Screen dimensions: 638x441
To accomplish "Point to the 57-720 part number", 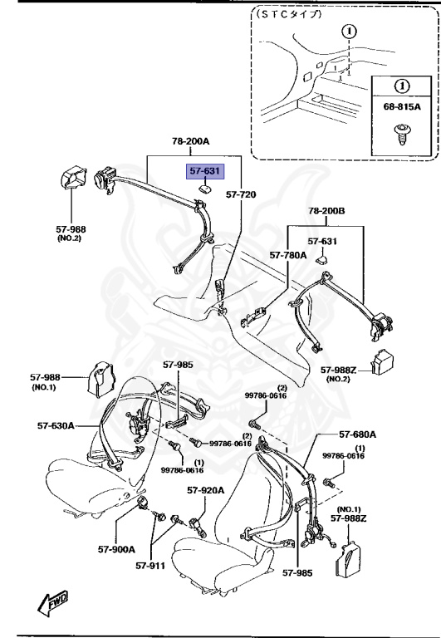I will tap(241, 194).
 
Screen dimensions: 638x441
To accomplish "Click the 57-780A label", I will tap(287, 256).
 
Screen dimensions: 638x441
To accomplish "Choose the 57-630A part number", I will tap(56, 425).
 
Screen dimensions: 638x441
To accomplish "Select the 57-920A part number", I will tap(206, 490).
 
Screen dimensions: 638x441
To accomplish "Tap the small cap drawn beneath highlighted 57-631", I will tap(203, 189).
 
